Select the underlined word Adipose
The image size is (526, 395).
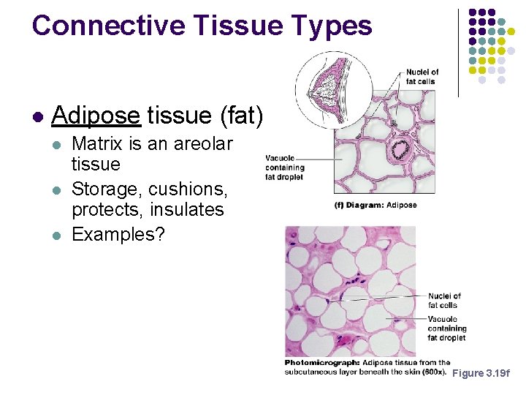(x=96, y=115)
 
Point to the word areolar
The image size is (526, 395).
(x=201, y=144)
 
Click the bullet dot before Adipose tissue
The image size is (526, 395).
(x=37, y=116)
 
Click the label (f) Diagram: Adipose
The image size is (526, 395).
(x=375, y=205)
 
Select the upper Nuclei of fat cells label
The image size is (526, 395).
(x=422, y=76)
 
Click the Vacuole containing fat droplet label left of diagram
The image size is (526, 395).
(x=284, y=166)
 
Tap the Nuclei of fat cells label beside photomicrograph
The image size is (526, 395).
(x=444, y=300)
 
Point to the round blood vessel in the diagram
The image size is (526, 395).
(x=400, y=151)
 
